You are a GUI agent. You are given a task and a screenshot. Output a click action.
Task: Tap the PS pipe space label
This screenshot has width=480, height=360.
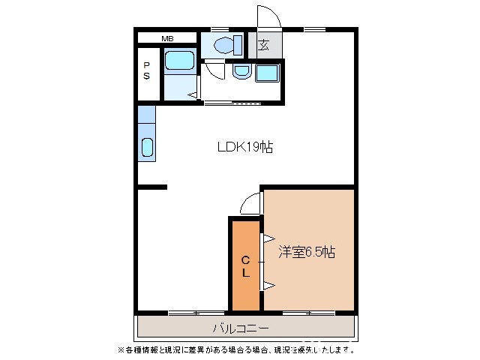[x=147, y=70]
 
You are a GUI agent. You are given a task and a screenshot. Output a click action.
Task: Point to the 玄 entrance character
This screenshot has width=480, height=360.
[x=264, y=46]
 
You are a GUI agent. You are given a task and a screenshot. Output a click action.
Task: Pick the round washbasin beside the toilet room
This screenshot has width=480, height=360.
[x=241, y=72]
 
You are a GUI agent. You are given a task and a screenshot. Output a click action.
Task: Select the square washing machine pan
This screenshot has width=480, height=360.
[x=267, y=73]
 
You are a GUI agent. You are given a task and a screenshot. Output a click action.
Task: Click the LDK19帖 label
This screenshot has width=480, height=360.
[x=244, y=148]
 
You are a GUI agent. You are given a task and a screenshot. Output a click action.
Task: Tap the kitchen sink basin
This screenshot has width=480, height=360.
[x=147, y=148]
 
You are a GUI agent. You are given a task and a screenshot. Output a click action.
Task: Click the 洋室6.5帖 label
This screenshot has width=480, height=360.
[x=307, y=252]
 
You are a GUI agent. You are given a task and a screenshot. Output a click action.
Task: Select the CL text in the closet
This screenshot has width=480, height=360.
[x=245, y=266]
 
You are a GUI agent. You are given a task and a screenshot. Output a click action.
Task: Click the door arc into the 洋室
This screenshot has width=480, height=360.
[x=250, y=203]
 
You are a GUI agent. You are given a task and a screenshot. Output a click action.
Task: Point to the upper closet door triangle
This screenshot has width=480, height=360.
[x=266, y=238]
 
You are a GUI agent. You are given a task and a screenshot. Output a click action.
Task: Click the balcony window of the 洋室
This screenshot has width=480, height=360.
[x=308, y=311]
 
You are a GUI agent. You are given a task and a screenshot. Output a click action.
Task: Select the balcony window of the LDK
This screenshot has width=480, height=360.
[x=196, y=311]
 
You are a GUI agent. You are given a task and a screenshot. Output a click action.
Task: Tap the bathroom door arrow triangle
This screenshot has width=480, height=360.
[x=193, y=94]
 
